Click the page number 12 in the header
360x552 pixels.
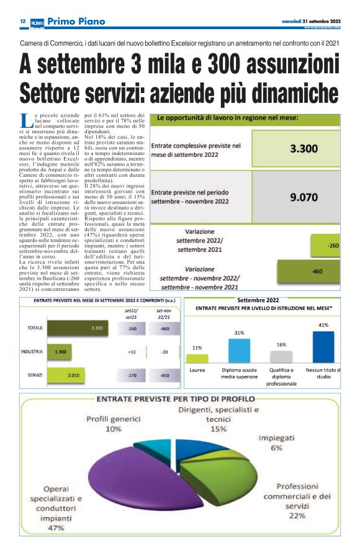coord(22,21)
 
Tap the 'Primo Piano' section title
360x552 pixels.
coord(76,22)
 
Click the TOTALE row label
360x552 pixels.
coord(35,327)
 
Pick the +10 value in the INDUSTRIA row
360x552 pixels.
coord(132,352)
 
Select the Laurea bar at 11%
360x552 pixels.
coord(197,358)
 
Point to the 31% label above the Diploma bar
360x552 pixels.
coord(239,333)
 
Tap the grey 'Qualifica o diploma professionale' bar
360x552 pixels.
coord(281,357)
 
